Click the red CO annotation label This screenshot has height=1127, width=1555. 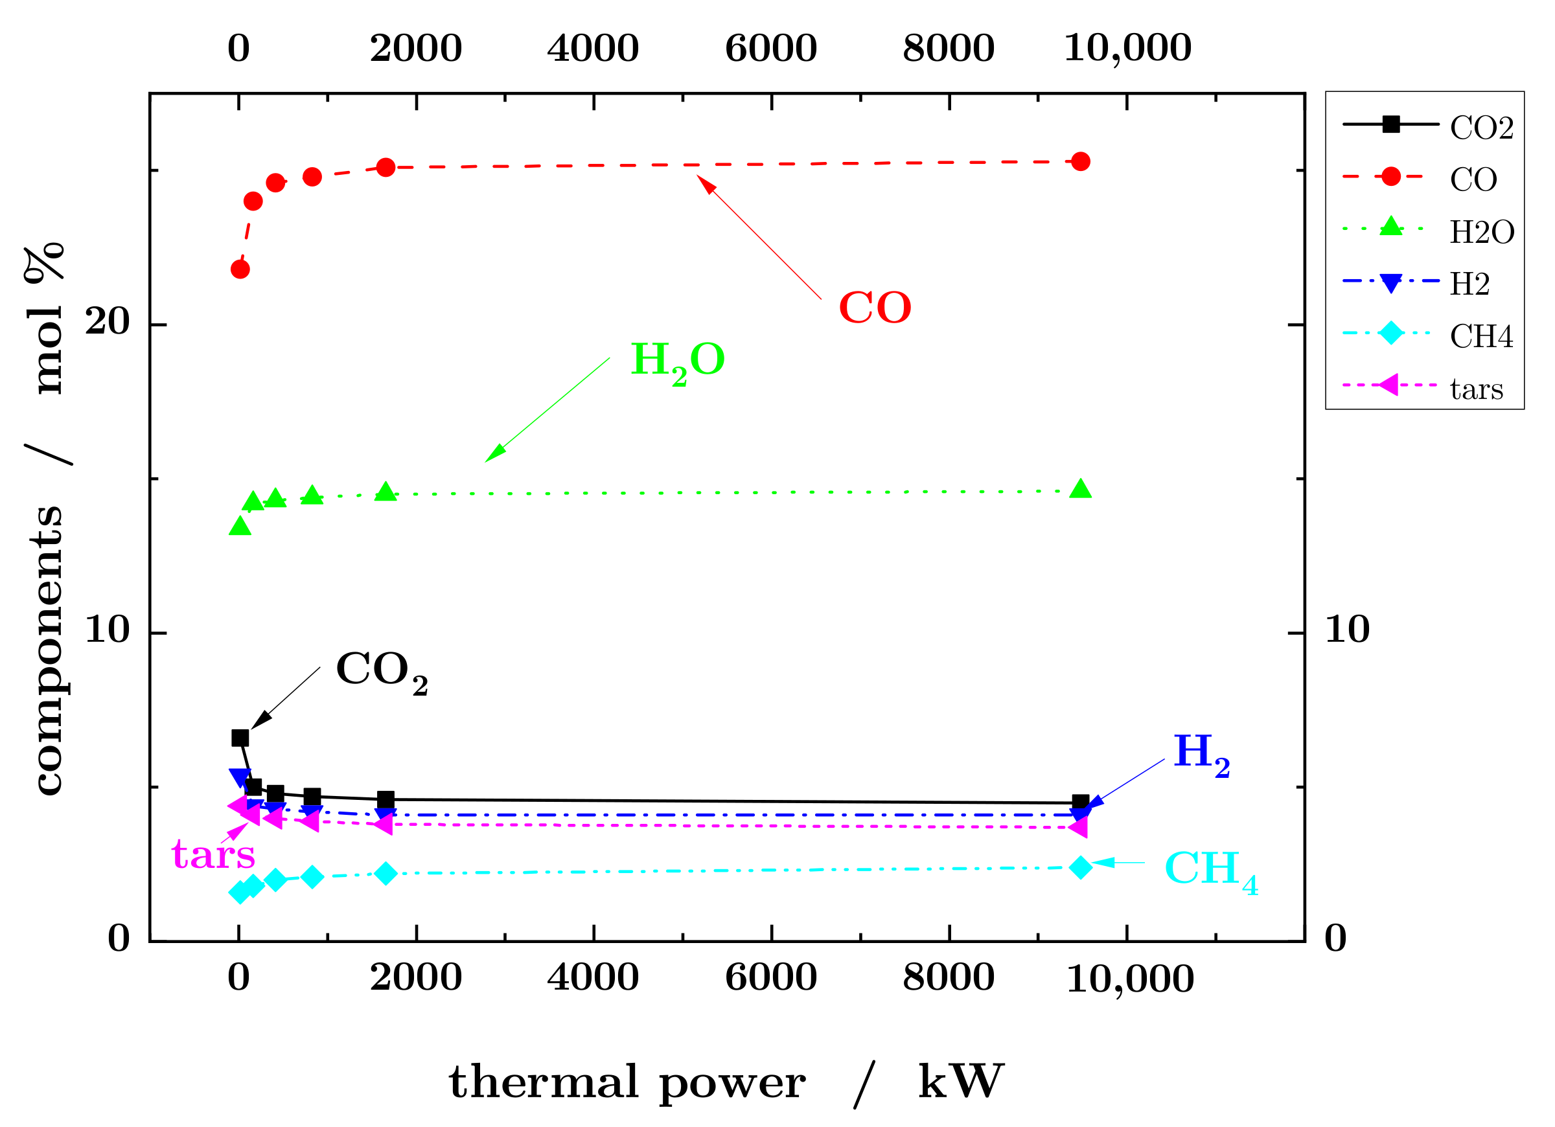(875, 308)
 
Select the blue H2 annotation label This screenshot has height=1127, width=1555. (1201, 753)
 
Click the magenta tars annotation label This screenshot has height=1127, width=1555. (213, 855)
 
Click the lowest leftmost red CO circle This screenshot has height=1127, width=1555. (240, 269)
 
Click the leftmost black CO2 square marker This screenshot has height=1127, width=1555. (240, 738)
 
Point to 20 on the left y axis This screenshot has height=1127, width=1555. (107, 321)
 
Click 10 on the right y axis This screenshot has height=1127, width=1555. (1346, 630)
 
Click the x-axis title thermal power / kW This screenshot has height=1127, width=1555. (726, 1083)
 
